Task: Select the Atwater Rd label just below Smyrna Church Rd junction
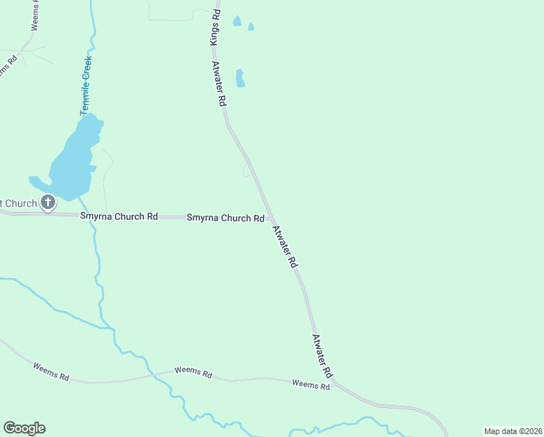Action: point(285,248)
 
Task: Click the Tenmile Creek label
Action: point(87,85)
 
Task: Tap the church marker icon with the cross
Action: point(48,202)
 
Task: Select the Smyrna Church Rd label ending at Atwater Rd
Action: point(225,218)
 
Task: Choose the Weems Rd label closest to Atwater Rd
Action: point(311,384)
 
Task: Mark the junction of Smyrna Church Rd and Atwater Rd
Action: point(271,219)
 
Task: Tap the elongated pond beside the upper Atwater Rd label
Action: point(239,79)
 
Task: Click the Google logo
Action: point(24,428)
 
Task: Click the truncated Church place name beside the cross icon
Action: point(18,203)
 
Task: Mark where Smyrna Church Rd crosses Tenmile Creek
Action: point(92,216)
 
